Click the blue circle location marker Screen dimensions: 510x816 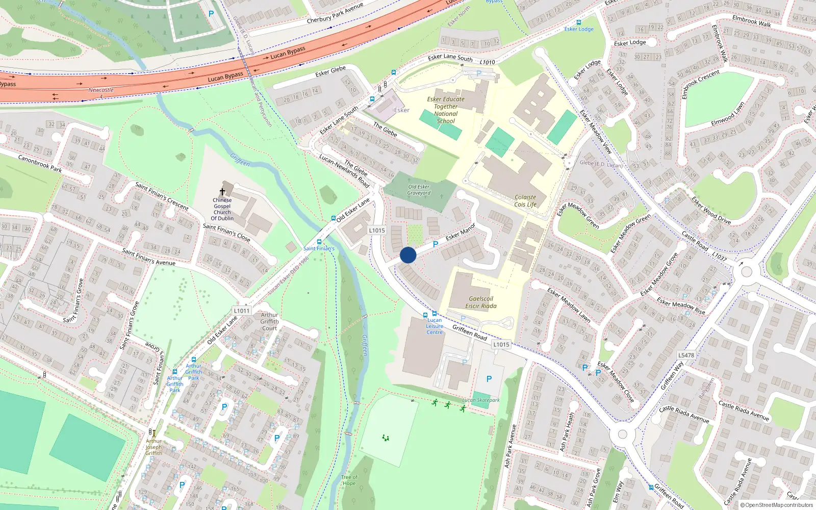click(408, 255)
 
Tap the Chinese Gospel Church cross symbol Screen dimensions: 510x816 click(222, 192)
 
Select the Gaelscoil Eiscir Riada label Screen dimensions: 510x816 click(481, 302)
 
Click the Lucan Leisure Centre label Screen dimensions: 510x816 click(435, 326)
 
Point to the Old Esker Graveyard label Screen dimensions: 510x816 click(419, 190)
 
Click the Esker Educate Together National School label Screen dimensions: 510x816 click(446, 110)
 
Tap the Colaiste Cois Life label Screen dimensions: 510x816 click(525, 201)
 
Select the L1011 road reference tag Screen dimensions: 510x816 click(242, 311)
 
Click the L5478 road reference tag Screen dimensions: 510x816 click(686, 355)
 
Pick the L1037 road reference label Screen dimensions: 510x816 click(719, 256)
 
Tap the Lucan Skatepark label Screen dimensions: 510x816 click(481, 400)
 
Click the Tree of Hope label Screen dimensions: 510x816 click(349, 480)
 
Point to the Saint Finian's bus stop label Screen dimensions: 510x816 click(319, 248)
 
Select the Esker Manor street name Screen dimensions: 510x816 click(461, 232)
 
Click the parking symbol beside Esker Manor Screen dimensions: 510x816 click(436, 244)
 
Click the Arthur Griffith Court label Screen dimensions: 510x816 click(269, 321)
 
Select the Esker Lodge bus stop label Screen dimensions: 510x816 click(579, 29)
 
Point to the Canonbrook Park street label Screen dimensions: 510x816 click(40, 163)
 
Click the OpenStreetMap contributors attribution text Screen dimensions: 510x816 click(776, 505)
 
